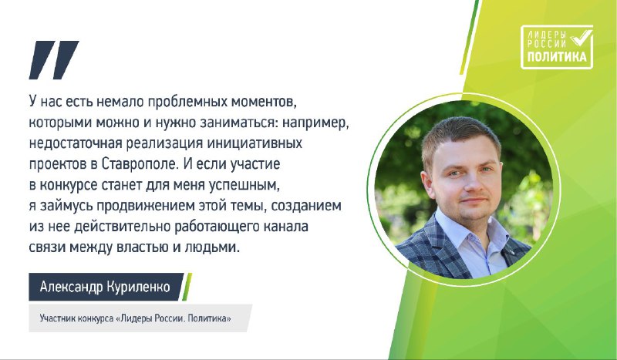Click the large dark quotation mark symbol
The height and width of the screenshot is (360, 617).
coord(54,60)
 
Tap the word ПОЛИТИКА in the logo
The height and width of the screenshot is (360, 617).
coord(556,56)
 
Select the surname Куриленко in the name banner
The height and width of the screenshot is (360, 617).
coord(137,287)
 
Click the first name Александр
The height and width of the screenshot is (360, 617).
coord(71,287)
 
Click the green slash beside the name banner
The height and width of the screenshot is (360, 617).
coord(187,287)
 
